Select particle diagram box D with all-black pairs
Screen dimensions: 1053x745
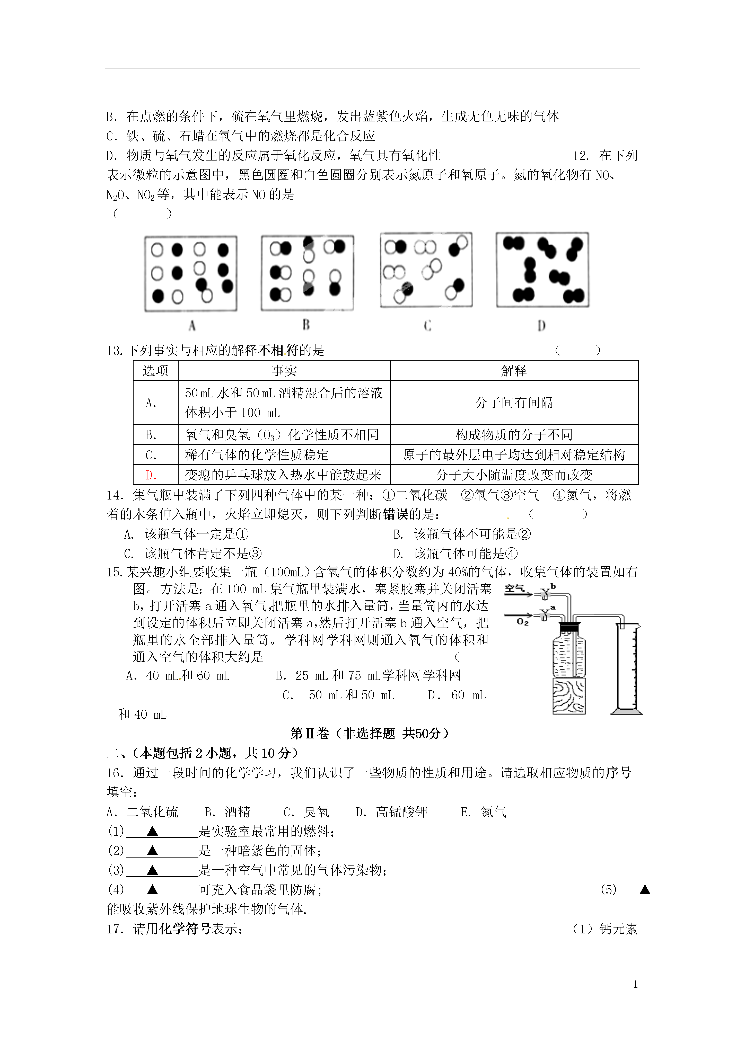542,270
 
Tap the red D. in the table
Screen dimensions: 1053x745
151,475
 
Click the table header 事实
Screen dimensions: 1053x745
284,371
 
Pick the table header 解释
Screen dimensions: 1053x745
514,371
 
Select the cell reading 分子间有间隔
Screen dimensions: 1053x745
514,403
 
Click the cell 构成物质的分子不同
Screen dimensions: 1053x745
514,434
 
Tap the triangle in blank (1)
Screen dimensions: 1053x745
152,831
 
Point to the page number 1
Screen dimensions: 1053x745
635,984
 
